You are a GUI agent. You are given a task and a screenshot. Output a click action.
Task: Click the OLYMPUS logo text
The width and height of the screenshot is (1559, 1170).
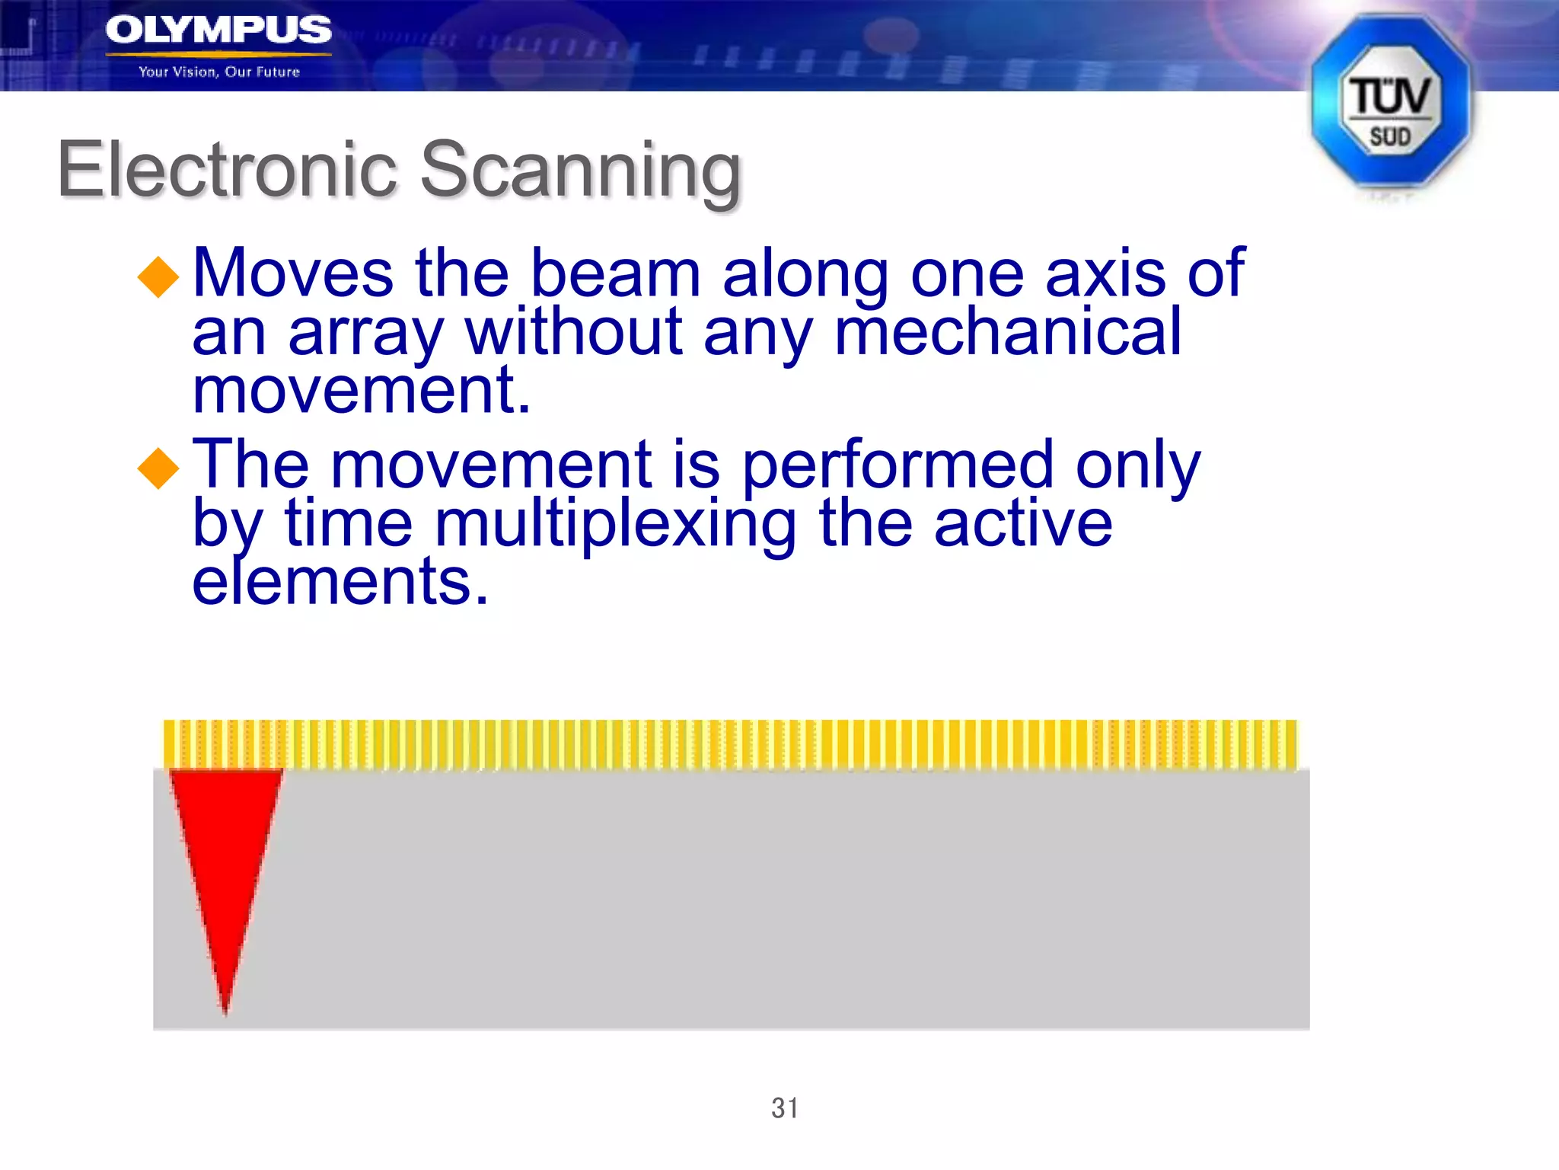[218, 30]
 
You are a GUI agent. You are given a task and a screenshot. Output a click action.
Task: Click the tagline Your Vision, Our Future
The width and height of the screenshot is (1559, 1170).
[219, 72]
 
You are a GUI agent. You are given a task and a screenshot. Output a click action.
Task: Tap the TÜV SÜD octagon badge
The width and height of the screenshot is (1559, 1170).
[1390, 103]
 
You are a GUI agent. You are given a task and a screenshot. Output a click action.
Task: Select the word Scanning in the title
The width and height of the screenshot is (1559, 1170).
[580, 171]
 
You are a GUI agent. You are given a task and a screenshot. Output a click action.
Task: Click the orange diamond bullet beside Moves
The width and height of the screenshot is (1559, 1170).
[158, 276]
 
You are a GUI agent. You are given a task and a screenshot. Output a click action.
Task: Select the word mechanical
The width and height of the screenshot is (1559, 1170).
[1007, 332]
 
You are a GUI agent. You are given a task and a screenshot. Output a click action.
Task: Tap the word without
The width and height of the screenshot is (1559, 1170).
[574, 332]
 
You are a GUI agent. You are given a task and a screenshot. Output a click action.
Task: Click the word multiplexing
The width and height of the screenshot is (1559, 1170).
[615, 525]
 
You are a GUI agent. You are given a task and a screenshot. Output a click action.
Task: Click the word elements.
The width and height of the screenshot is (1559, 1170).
[340, 582]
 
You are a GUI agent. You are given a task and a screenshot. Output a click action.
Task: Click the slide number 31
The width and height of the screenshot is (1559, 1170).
[785, 1108]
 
